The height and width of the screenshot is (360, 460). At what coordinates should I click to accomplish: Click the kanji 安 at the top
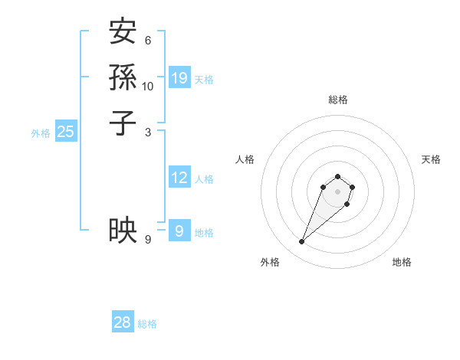point(123,33)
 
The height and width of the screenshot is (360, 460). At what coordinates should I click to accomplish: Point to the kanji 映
point(123,229)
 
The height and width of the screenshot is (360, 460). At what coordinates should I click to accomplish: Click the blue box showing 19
point(179,77)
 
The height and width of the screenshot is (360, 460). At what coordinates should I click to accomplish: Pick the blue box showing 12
point(179,178)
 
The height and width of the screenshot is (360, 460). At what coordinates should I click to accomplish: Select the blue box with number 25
point(66,132)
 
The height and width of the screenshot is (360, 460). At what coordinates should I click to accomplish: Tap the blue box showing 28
point(123,322)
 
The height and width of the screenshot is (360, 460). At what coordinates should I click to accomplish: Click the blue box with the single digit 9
point(179,231)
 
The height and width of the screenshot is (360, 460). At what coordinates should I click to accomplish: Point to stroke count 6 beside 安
point(148,41)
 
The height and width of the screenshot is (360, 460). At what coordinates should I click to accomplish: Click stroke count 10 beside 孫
point(148,86)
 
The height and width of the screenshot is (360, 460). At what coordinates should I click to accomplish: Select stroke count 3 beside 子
point(148,131)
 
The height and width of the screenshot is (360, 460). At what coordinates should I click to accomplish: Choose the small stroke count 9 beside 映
point(148,240)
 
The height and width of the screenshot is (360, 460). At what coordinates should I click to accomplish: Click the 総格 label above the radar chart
point(338,100)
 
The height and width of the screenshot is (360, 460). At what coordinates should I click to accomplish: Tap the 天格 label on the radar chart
point(431,159)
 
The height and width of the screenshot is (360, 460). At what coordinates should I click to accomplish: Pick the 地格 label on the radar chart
point(402,263)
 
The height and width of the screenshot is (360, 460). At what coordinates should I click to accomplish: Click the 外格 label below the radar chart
point(270,263)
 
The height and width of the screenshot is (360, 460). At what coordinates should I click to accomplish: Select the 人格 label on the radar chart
point(245,159)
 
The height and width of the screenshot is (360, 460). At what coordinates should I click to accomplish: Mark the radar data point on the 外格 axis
point(302,242)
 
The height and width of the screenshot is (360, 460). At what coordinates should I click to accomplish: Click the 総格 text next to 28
point(147,324)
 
